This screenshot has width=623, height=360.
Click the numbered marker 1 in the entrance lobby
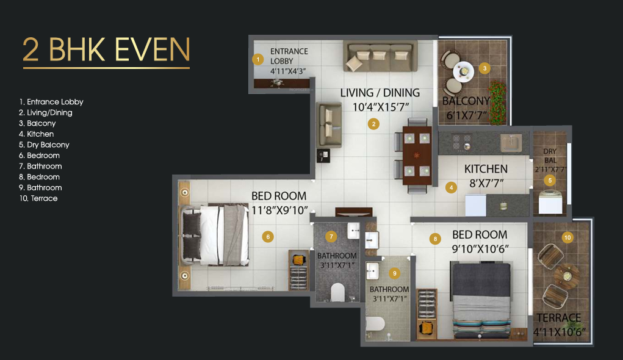(258, 59)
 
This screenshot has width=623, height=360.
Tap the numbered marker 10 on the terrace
(567, 238)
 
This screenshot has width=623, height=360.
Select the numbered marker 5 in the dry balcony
(550, 180)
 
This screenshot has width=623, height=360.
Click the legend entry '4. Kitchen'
(37, 134)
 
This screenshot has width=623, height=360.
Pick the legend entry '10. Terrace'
(38, 198)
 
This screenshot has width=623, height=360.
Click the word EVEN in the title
(150, 49)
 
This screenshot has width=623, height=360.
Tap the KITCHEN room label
(486, 169)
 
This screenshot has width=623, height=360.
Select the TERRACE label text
(559, 318)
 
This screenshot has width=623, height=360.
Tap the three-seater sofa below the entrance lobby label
(380, 57)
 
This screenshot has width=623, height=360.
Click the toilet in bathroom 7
(337, 293)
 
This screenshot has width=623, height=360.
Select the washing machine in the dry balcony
(549, 201)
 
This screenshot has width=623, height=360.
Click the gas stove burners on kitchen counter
(461, 142)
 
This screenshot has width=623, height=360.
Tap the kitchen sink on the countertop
(511, 142)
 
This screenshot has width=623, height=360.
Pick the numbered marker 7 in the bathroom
(331, 236)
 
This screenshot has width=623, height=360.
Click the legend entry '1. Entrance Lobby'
(51, 102)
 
